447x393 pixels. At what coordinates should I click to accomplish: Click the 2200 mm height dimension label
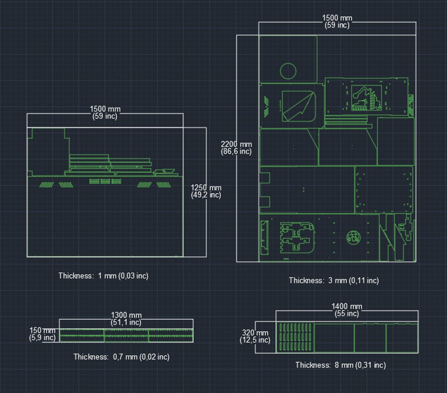click(x=236, y=144)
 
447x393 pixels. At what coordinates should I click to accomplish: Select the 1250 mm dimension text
click(x=205, y=188)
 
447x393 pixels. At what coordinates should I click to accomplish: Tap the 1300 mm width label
click(x=126, y=315)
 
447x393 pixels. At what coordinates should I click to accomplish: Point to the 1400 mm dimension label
click(x=347, y=306)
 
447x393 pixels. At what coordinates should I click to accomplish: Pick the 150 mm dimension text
click(x=42, y=331)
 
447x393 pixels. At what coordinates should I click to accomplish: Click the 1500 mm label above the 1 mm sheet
click(x=105, y=109)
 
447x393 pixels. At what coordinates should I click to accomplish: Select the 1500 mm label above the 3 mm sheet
click(x=337, y=18)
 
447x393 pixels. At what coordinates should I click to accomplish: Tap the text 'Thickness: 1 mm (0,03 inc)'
click(x=104, y=276)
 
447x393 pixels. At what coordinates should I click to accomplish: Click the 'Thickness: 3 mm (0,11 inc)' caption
click(x=334, y=280)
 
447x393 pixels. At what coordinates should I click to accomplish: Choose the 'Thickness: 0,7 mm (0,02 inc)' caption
click(x=121, y=357)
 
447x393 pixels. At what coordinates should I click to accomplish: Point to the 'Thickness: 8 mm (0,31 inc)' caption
click(x=340, y=365)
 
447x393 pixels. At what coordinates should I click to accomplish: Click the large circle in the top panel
click(x=288, y=71)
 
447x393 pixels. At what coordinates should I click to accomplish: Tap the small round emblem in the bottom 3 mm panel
click(x=353, y=237)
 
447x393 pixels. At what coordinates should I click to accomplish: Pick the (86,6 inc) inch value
click(x=236, y=152)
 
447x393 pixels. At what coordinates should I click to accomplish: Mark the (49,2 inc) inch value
click(x=205, y=195)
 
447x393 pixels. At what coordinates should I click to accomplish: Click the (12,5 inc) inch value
click(x=255, y=340)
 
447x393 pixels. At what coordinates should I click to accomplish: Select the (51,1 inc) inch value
click(x=126, y=322)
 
